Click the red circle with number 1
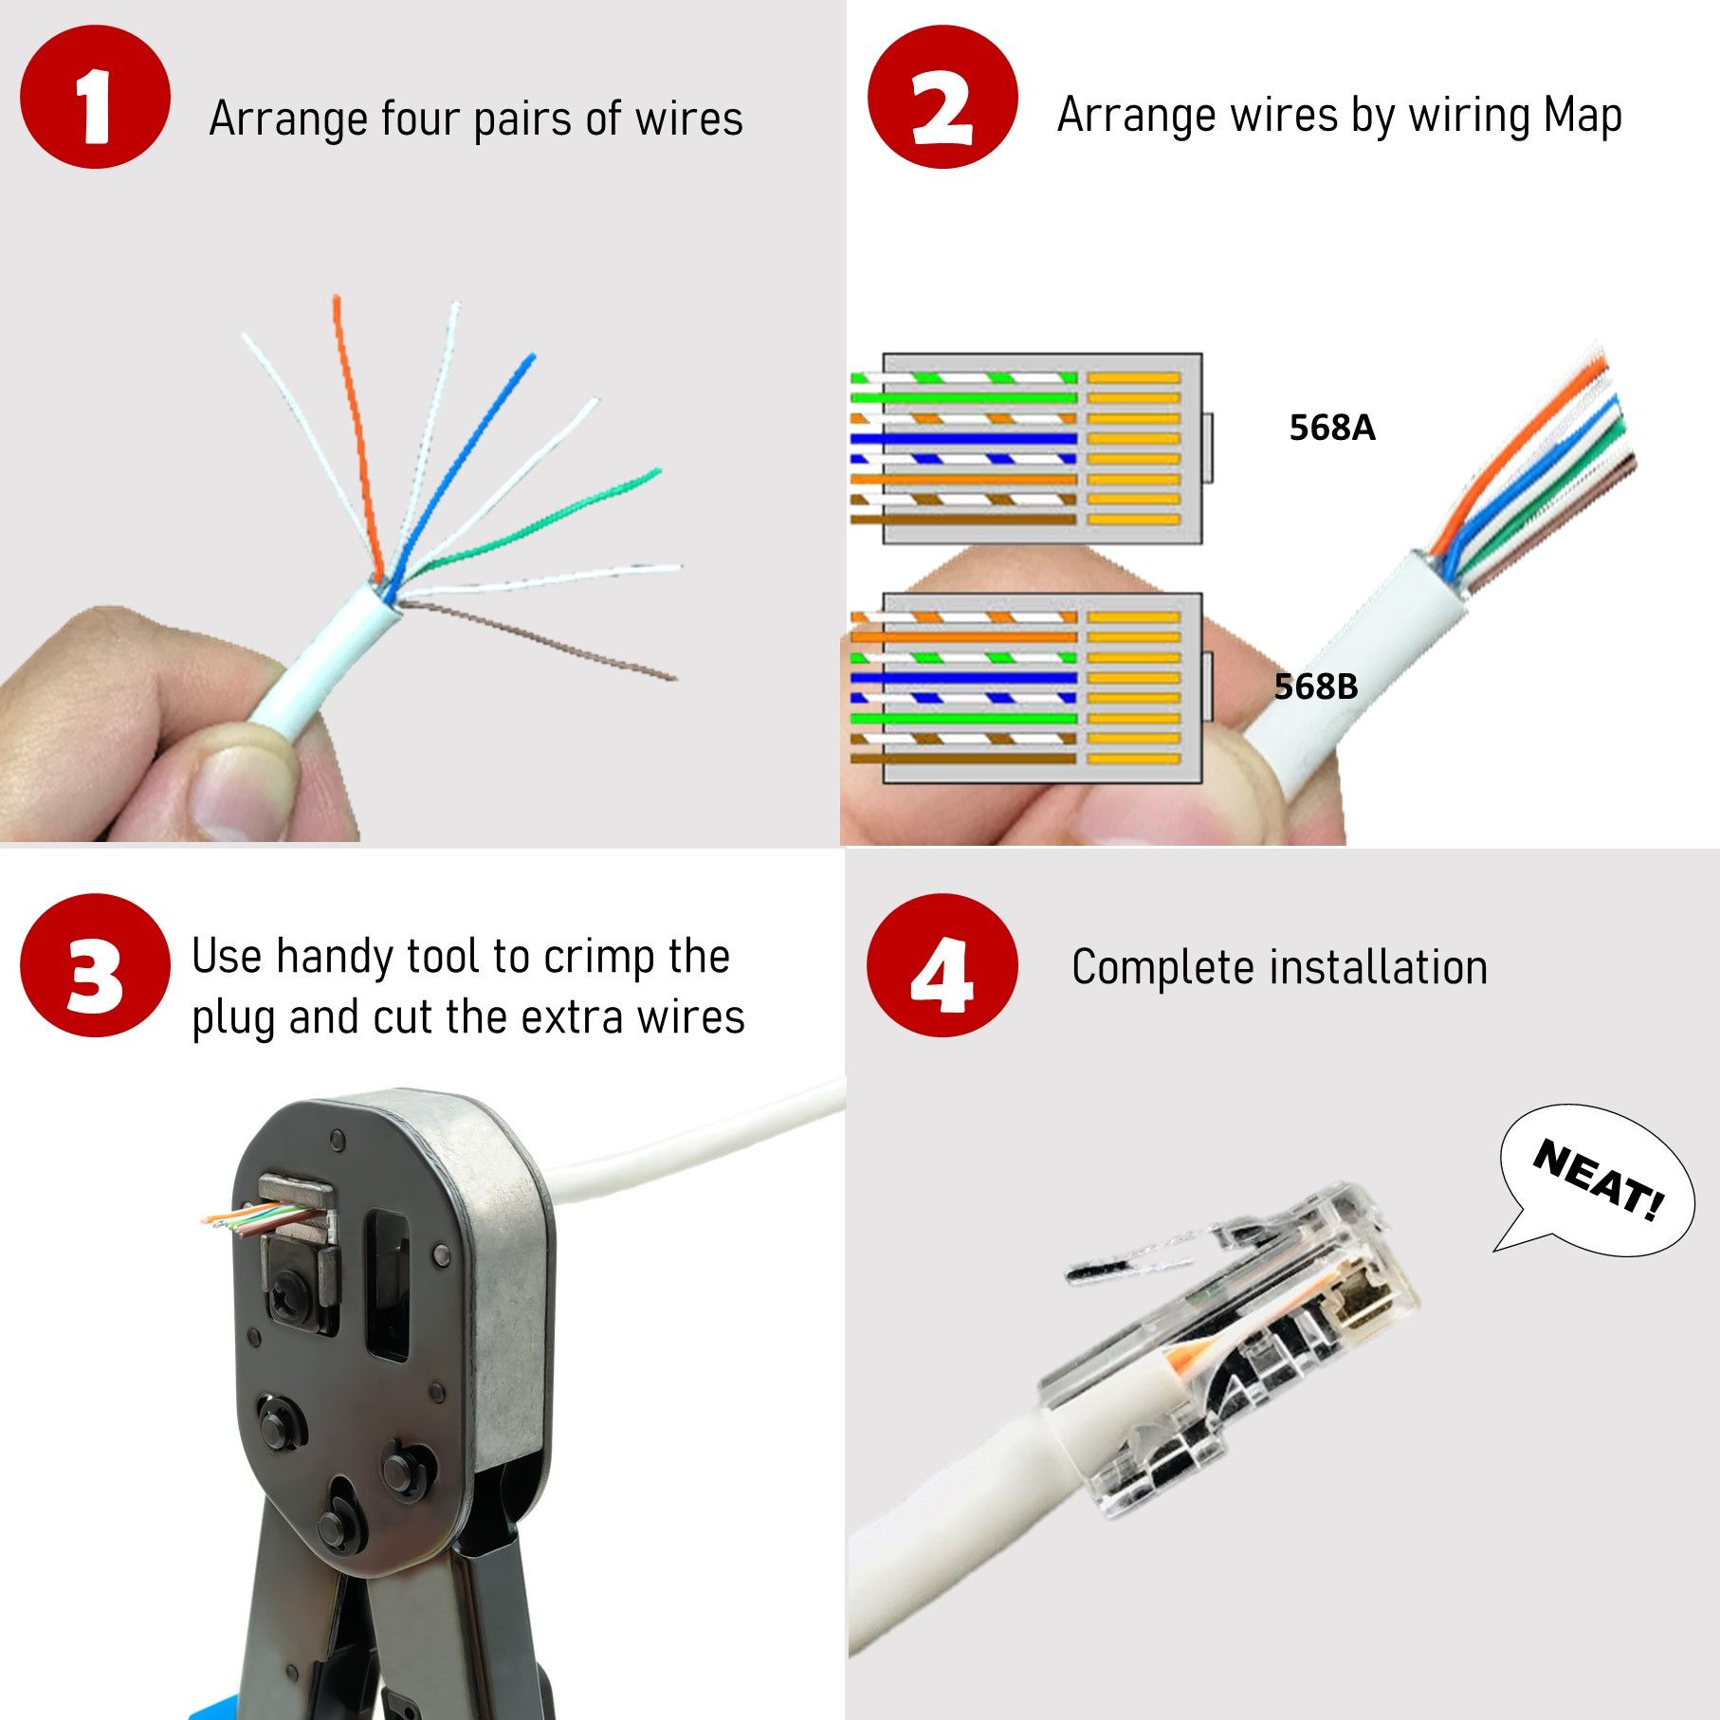pyautogui.click(x=94, y=98)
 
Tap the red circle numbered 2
pyautogui.click(x=942, y=98)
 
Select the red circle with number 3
pyautogui.click(x=94, y=965)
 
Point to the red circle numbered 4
pyautogui.click(x=942, y=965)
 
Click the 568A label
pyautogui.click(x=1331, y=428)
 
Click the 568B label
pyautogui.click(x=1315, y=686)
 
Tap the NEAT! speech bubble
pyautogui.click(x=1599, y=1181)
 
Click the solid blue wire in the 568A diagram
pyautogui.click(x=962, y=438)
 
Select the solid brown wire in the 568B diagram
pyautogui.click(x=962, y=759)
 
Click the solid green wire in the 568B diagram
pyautogui.click(x=962, y=718)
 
